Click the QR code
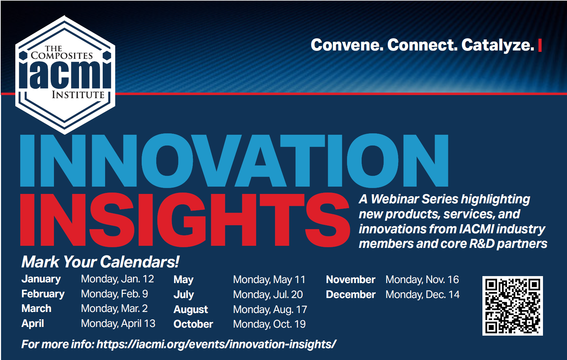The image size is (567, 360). (x=513, y=306)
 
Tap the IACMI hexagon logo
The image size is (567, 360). (x=65, y=75)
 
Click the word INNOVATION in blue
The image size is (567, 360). (x=234, y=161)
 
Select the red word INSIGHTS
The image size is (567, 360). (x=185, y=219)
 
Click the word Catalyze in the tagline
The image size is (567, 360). (x=498, y=45)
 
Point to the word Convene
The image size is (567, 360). (x=347, y=45)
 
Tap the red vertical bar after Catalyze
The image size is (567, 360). (x=540, y=45)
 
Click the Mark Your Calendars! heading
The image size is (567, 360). (x=100, y=262)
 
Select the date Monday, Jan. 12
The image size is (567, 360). (x=117, y=279)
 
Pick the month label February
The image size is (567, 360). (x=43, y=294)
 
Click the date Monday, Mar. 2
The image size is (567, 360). (x=114, y=308)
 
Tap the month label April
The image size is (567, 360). (x=33, y=323)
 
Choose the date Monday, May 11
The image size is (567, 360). (x=269, y=280)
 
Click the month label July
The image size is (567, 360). (x=183, y=295)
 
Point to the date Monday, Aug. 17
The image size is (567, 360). (x=270, y=310)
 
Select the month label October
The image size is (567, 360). (x=193, y=324)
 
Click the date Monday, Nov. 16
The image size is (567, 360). (x=422, y=280)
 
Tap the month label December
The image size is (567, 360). (x=351, y=295)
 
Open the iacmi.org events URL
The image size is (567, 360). (x=216, y=345)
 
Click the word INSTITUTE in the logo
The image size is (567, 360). (x=78, y=95)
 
